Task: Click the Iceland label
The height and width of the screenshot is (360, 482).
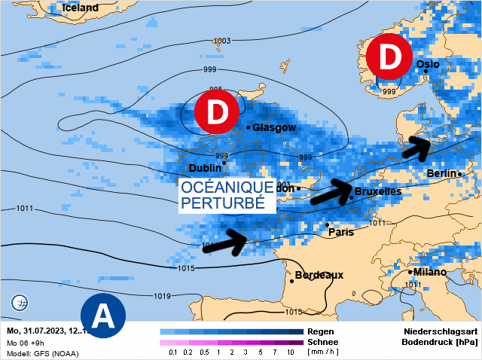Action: pos(80,8)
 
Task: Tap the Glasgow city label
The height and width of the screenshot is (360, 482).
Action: pos(274,127)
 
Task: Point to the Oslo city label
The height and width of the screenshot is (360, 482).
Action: pos(428,64)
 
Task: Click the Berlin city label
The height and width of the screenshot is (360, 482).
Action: pos(441,173)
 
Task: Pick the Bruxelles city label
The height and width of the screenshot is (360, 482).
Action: pos(377,191)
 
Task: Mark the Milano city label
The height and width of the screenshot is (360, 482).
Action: pos(429,271)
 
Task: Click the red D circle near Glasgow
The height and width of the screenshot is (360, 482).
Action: pos(217,112)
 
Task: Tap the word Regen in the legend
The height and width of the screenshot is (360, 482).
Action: pos(321,331)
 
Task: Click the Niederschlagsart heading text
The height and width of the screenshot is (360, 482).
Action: pos(440,331)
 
